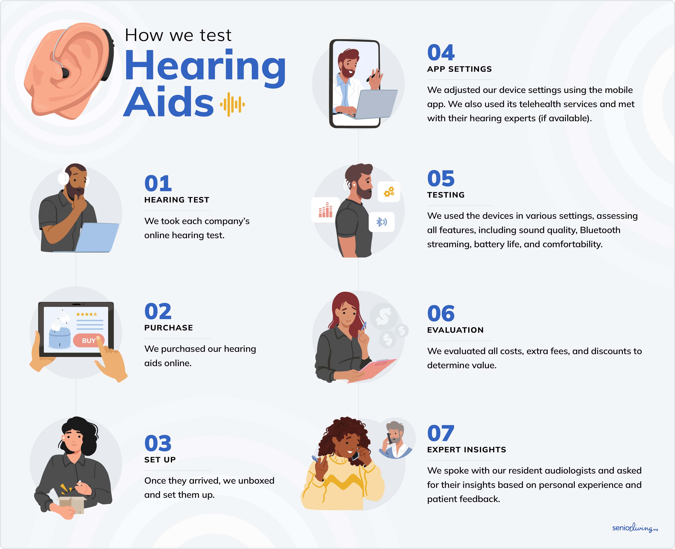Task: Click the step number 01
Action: (x=158, y=184)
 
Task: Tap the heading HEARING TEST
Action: (x=177, y=200)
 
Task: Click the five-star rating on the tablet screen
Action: (x=87, y=314)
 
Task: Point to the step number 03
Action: (x=158, y=443)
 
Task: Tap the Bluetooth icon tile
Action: (x=382, y=222)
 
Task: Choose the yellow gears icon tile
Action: (x=389, y=192)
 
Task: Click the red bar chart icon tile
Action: (x=325, y=210)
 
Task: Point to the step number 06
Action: (x=441, y=314)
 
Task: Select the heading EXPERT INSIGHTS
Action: (x=466, y=450)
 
